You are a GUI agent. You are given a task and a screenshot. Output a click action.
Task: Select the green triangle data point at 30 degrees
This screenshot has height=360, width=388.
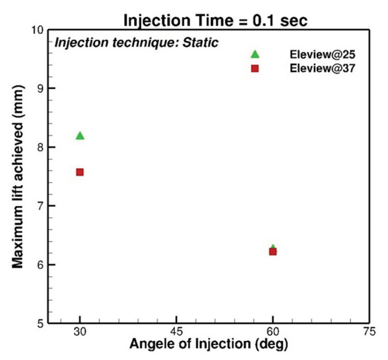80,136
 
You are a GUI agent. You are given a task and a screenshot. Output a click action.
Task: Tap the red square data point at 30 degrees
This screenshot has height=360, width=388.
80,172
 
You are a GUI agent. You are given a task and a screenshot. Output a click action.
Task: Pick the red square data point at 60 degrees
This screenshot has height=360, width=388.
273,251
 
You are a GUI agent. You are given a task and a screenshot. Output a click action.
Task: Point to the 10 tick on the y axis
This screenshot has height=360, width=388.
39,30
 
